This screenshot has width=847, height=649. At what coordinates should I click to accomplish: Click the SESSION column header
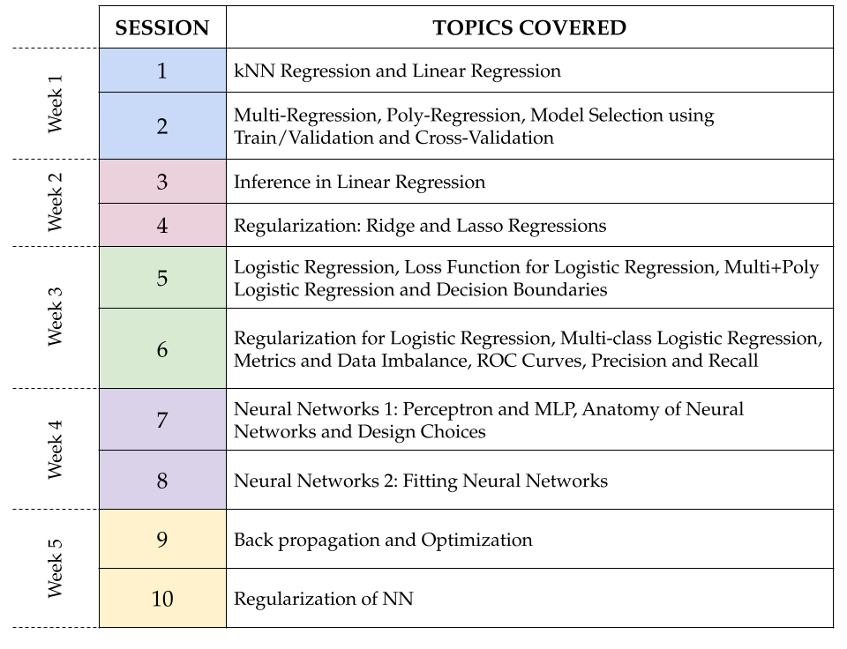(162, 28)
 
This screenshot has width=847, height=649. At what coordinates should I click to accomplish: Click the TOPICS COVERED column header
(529, 28)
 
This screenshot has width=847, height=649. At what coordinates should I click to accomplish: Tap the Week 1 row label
(55, 104)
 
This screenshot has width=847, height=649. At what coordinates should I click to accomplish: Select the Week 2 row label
(55, 203)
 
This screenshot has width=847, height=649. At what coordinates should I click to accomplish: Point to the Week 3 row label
(55, 317)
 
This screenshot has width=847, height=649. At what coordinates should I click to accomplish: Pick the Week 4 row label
(55, 449)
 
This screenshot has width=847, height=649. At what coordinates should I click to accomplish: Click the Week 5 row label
(55, 569)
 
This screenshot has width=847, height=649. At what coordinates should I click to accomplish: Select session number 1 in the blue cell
(162, 71)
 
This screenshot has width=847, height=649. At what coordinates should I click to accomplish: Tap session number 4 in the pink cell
(162, 225)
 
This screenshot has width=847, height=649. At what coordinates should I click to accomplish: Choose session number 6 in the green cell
(162, 349)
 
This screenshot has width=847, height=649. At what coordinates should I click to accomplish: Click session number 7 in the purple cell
(162, 420)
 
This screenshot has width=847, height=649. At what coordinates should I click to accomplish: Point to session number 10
(162, 598)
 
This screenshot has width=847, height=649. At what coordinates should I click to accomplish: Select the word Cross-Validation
(484, 138)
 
